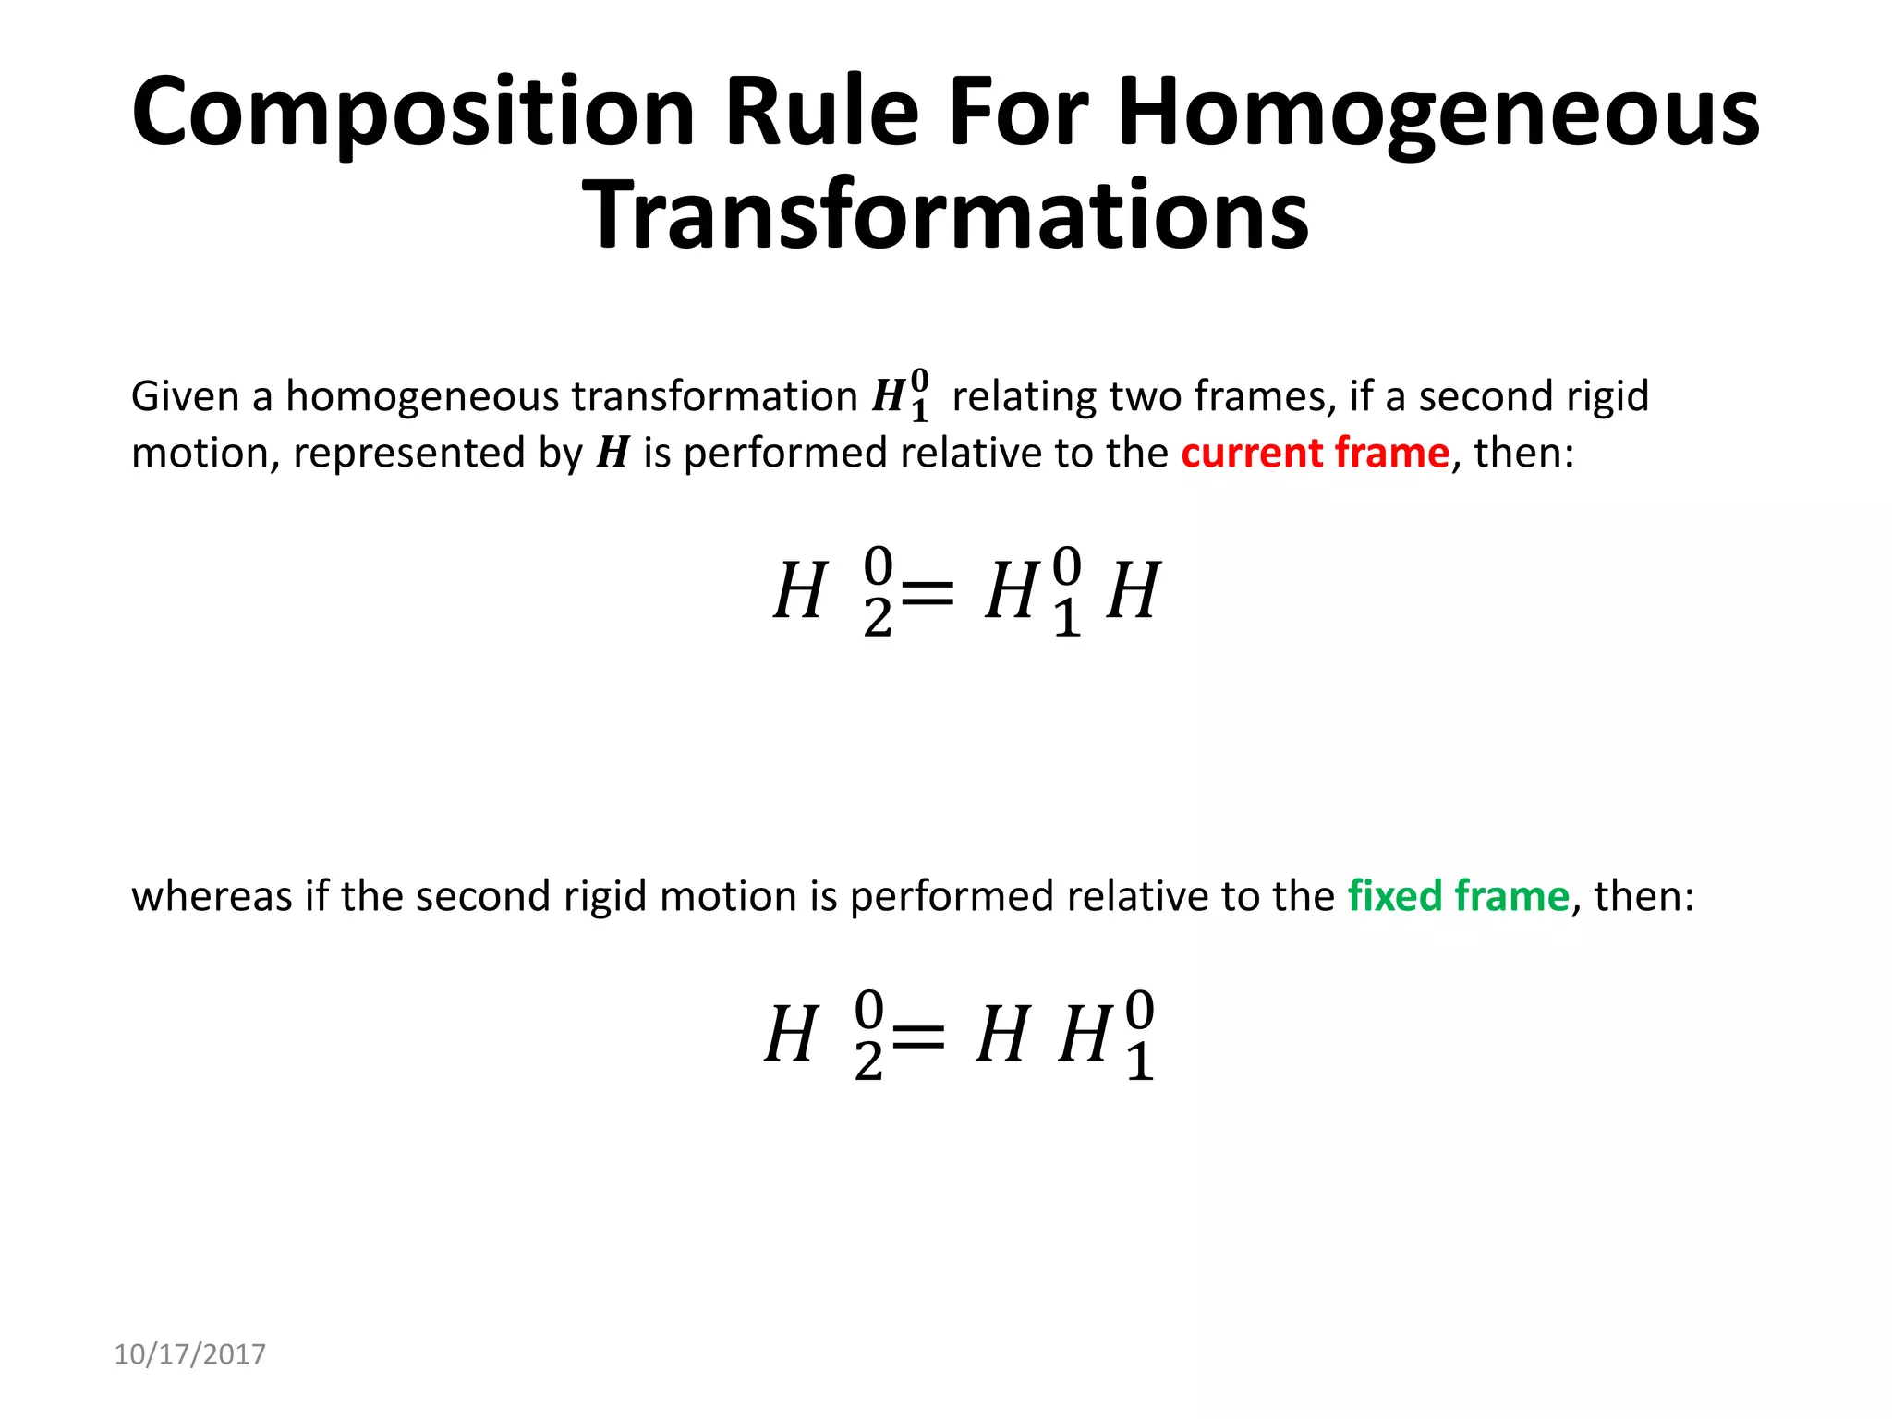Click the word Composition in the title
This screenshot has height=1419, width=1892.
tap(413, 113)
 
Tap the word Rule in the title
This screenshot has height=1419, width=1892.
tap(822, 113)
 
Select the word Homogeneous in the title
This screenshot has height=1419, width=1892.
tap(1438, 113)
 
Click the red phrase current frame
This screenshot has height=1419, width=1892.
tap(1315, 454)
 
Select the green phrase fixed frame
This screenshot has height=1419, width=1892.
tap(1458, 896)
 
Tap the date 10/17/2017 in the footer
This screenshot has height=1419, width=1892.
tap(189, 1354)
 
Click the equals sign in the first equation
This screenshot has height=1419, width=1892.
tap(928, 591)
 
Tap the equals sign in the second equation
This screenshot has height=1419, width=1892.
tap(918, 1035)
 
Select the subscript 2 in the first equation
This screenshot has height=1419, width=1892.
tap(878, 618)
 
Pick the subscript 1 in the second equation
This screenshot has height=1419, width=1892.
tap(1139, 1061)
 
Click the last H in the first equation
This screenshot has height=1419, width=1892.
tap(1133, 591)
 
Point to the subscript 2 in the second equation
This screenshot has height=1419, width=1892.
tap(868, 1061)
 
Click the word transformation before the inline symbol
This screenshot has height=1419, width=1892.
tap(714, 397)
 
